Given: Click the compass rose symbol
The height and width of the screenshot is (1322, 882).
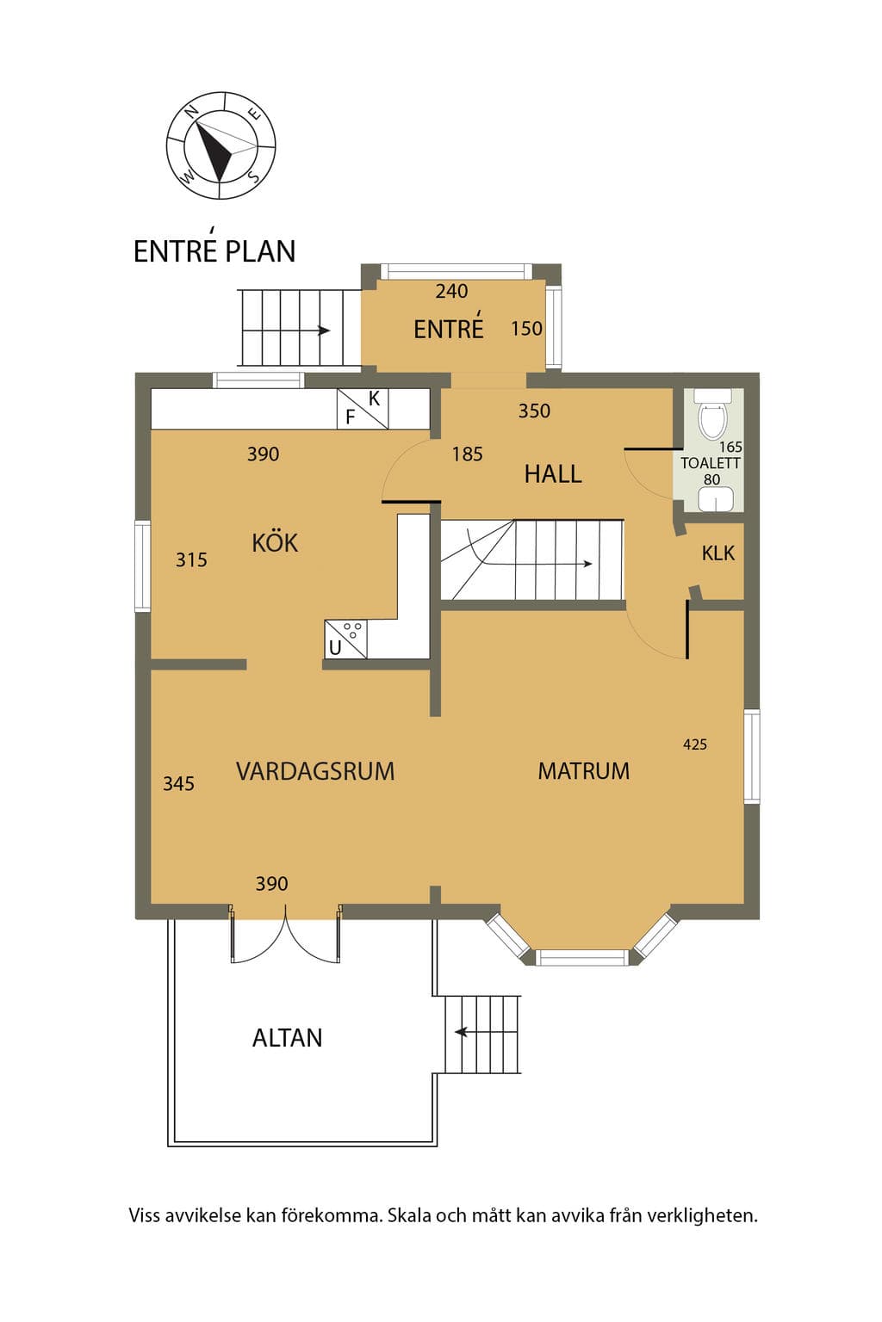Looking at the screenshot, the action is click(x=220, y=145).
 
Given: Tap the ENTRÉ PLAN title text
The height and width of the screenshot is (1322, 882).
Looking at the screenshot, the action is click(x=214, y=248).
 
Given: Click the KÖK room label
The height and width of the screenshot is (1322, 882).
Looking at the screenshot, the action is click(x=275, y=541).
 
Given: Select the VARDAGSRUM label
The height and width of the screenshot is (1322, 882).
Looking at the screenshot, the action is click(x=315, y=771).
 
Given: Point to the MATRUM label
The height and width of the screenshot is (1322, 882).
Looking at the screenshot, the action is click(x=584, y=771).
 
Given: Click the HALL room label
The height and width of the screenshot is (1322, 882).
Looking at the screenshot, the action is click(x=553, y=474).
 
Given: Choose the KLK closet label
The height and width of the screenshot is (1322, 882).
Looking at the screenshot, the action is click(x=718, y=553).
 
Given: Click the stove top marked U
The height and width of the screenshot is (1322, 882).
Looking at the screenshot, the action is click(x=346, y=639).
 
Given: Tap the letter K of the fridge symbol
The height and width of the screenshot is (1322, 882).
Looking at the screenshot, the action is click(x=374, y=399).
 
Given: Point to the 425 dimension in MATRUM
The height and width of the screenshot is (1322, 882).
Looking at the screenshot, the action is click(x=695, y=744).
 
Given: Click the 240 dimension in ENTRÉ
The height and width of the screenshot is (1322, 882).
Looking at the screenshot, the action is click(x=451, y=291).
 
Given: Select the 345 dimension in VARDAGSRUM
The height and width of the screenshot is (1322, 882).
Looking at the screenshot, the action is click(x=178, y=783).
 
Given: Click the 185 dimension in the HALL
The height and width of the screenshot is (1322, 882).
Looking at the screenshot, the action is click(x=468, y=454).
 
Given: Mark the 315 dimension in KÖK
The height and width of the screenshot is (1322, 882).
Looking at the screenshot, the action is click(x=191, y=559).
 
